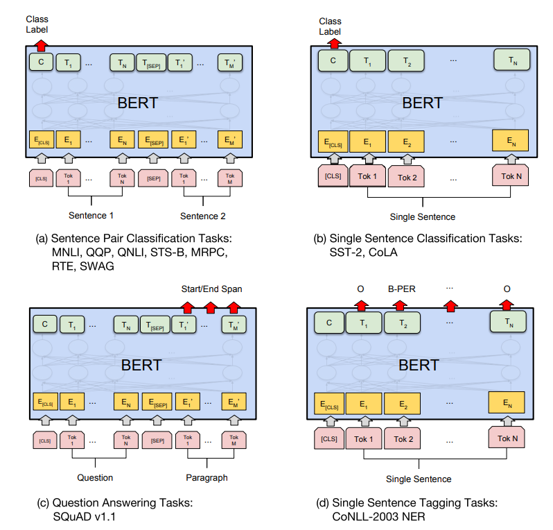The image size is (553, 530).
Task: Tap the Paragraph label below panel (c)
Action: pos(207,478)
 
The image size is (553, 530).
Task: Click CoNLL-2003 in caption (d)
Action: pos(366,516)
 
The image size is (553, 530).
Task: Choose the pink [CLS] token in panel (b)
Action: pos(333,176)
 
